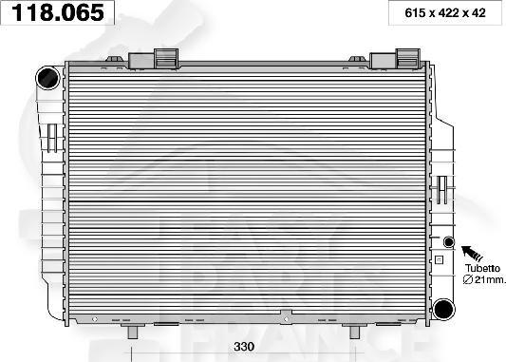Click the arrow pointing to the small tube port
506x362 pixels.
click(472, 255)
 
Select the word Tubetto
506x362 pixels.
click(481, 268)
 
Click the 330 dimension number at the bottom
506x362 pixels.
click(244, 348)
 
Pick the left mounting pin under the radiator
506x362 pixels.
click(135, 331)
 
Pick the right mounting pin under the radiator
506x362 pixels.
click(354, 331)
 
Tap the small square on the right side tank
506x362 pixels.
click(439, 258)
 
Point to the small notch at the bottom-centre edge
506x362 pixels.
click(286, 316)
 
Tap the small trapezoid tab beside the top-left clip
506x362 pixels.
click(118, 62)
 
